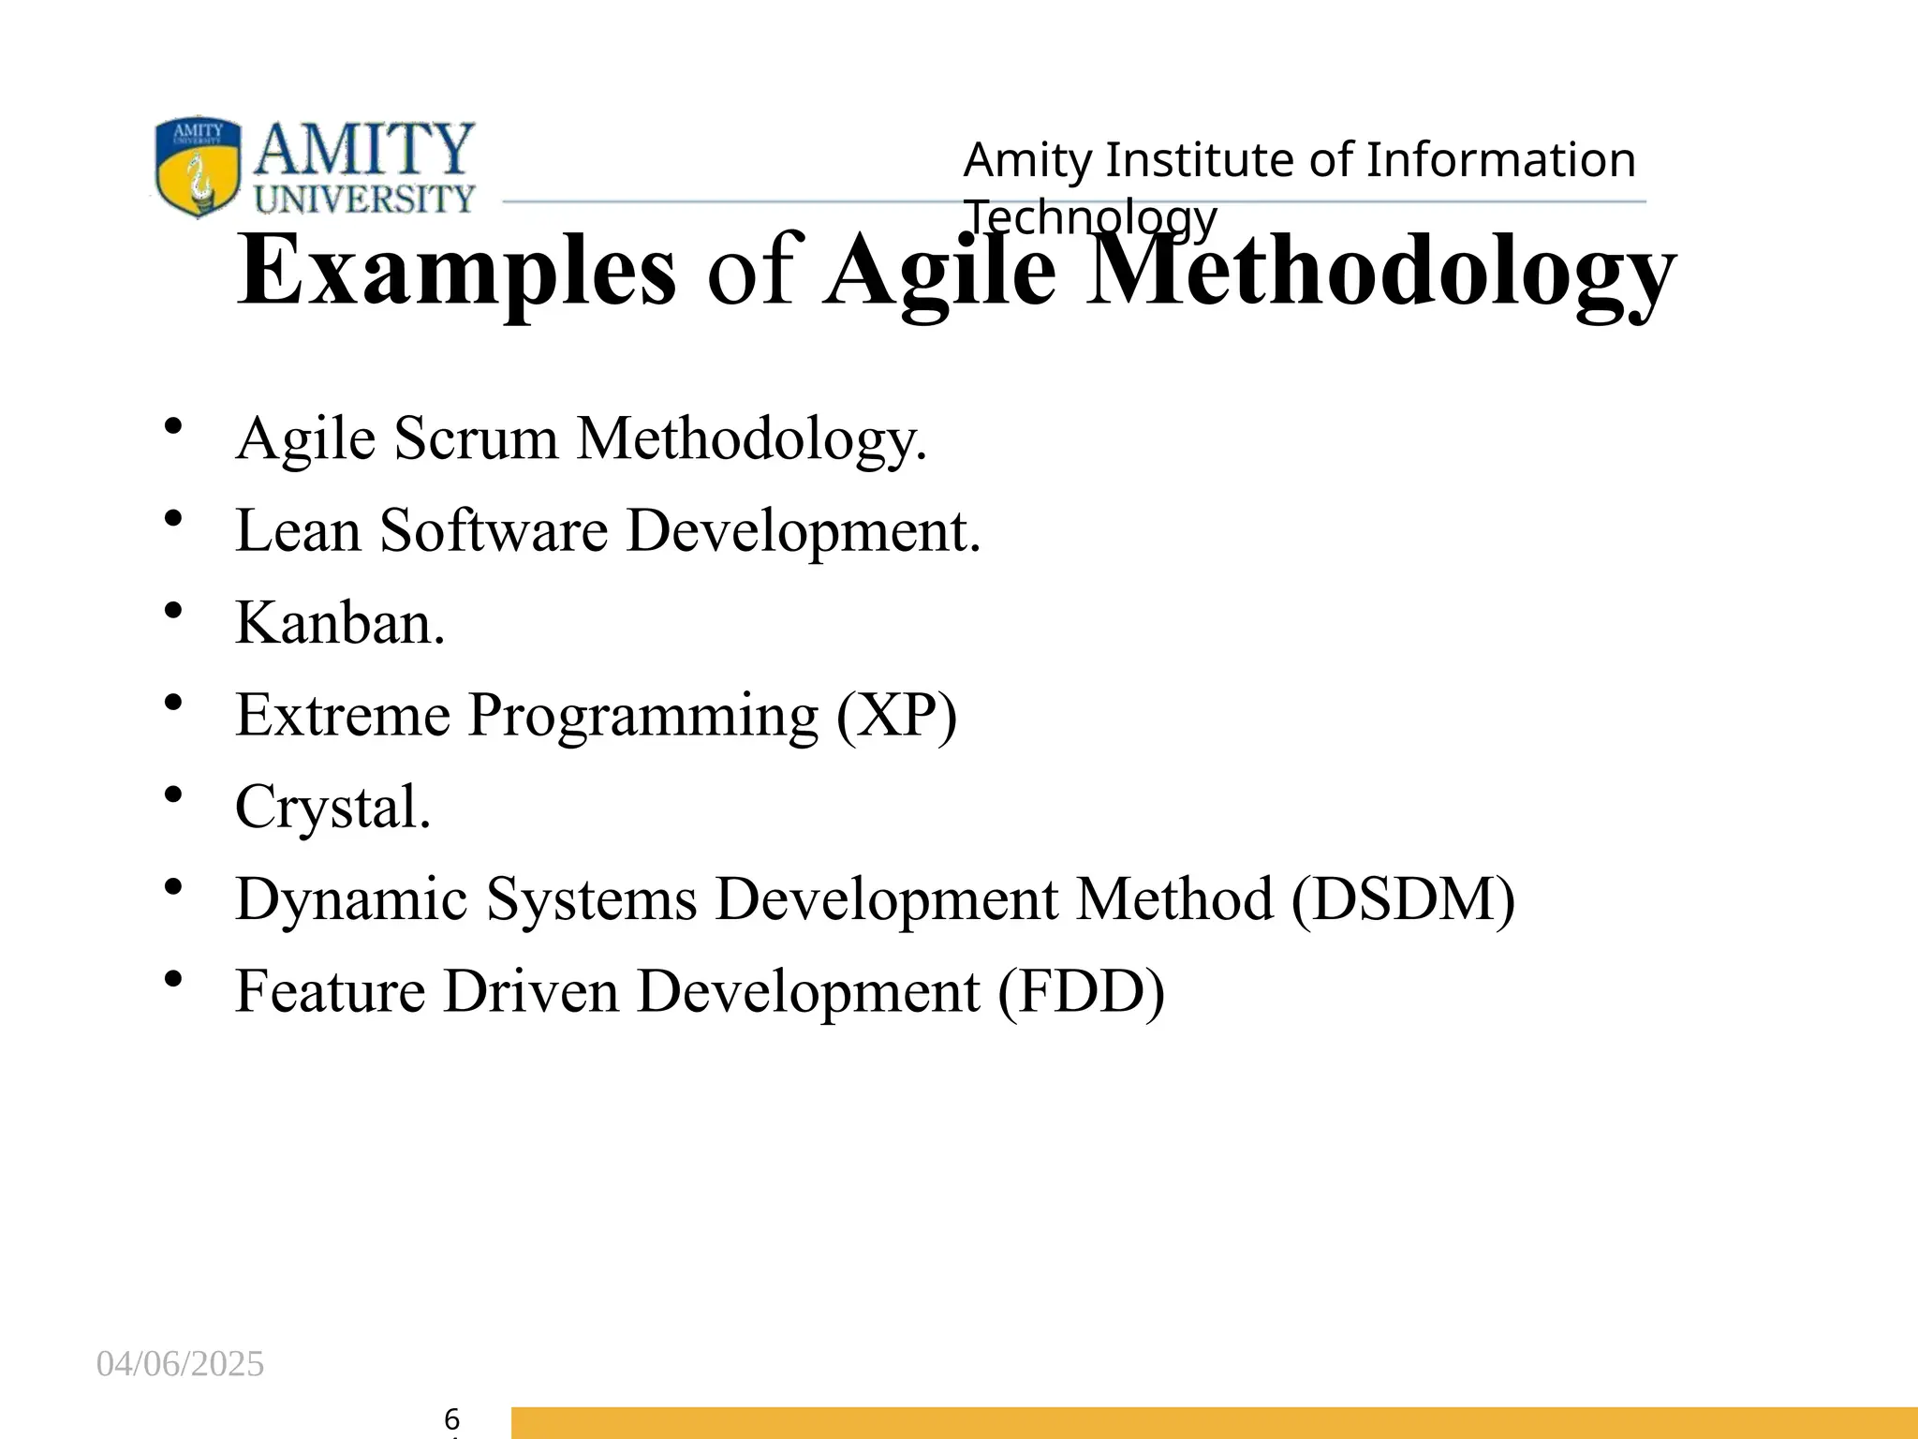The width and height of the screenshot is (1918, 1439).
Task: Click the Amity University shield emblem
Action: pyautogui.click(x=197, y=166)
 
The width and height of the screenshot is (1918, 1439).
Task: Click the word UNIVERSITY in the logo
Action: pyautogui.click(x=364, y=199)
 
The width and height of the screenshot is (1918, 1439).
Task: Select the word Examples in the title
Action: pyautogui.click(x=456, y=272)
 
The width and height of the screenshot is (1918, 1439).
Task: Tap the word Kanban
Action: pyautogui.click(x=339, y=623)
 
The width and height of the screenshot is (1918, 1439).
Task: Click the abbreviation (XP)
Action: pyautogui.click(x=897, y=716)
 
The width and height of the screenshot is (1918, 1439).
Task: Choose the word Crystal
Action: pyautogui.click(x=332, y=808)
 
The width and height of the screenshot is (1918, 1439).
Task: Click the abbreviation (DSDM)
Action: pyautogui.click(x=1402, y=899)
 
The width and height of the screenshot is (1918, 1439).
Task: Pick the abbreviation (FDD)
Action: pyautogui.click(x=1081, y=991)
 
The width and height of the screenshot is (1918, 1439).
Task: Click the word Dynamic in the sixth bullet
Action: pyautogui.click(x=351, y=899)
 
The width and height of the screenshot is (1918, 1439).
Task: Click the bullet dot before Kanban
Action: pyautogui.click(x=172, y=611)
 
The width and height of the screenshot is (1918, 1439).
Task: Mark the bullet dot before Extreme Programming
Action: pyautogui.click(x=172, y=703)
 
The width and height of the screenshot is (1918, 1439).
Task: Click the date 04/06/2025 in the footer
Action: pyautogui.click(x=180, y=1364)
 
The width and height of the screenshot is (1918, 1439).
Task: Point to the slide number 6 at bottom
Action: pyautogui.click(x=451, y=1418)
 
